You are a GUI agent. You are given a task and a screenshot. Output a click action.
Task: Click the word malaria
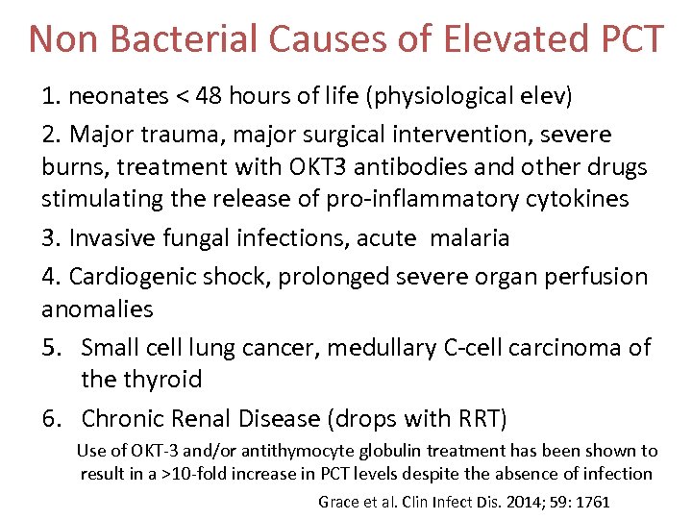(474, 237)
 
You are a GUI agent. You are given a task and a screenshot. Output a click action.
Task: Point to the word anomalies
(97, 309)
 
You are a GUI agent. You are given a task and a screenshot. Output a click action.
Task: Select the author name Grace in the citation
(338, 501)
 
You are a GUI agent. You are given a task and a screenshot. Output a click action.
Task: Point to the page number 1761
(588, 501)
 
